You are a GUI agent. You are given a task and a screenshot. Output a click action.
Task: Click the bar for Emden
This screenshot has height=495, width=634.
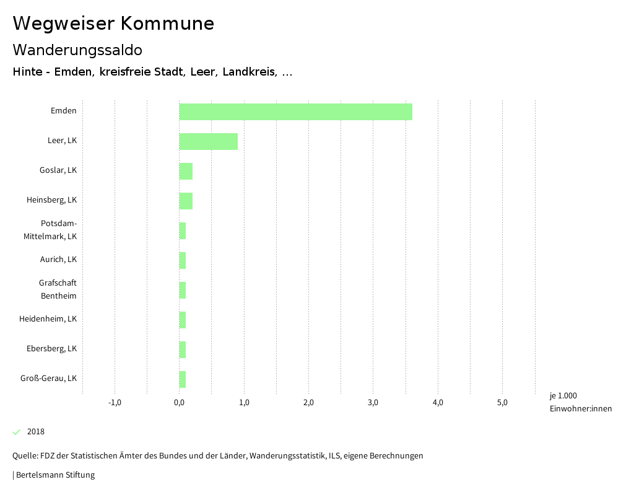coord(295,112)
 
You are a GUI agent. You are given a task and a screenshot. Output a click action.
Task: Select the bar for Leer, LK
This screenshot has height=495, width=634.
coord(208,141)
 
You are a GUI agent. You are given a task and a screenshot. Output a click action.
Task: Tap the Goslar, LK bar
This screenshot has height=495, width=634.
coord(186,171)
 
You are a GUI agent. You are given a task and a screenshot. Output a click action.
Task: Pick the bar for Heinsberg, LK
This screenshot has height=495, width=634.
coord(186,201)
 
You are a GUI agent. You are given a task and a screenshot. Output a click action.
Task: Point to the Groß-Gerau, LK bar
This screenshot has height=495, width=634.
coord(183,379)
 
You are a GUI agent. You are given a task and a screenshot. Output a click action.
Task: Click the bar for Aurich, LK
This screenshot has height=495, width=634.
coord(183,260)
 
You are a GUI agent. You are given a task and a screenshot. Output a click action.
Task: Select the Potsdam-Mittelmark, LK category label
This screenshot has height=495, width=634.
coord(59,230)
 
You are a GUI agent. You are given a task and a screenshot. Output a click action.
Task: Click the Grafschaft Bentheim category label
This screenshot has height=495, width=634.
coord(58,289)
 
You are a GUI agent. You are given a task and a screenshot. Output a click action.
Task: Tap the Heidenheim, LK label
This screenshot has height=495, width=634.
coord(48,319)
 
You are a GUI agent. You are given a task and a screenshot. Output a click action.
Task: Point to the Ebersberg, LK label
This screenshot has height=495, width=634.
coord(51,349)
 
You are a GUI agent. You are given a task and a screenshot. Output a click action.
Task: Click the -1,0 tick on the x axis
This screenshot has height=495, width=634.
coord(115,403)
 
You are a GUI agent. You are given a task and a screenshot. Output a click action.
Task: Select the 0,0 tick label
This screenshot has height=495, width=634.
coord(179,403)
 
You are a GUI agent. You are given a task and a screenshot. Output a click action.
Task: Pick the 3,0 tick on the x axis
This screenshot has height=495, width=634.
coord(373,403)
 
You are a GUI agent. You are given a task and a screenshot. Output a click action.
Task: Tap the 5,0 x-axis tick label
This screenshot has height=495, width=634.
coord(502,403)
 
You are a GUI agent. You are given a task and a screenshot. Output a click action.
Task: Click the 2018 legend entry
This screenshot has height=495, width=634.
coord(35,432)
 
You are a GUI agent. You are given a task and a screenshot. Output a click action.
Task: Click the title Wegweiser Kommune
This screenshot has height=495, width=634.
coord(113,24)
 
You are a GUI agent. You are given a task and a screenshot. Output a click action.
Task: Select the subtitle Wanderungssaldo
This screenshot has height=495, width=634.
coord(77,50)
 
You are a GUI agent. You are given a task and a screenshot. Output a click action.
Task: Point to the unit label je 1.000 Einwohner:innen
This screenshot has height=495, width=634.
coord(580,402)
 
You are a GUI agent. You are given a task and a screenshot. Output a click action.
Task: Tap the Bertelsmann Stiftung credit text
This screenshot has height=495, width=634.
coord(55,475)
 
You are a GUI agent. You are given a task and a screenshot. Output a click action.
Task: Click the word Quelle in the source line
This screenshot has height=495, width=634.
coord(24,456)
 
